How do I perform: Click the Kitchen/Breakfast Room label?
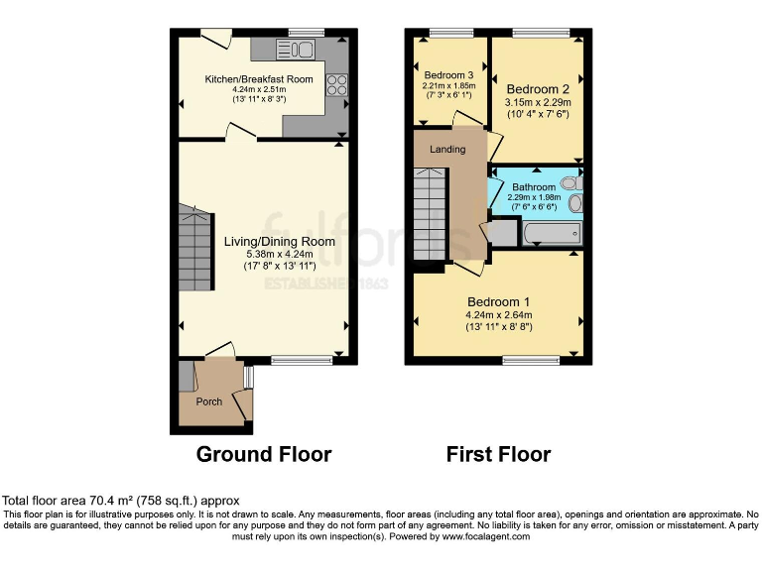pyautogui.click(x=258, y=79)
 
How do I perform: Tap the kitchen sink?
pyautogui.click(x=299, y=50)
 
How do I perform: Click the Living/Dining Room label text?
pyautogui.click(x=279, y=241)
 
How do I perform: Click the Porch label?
pyautogui.click(x=208, y=401)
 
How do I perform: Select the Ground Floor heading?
pyautogui.click(x=263, y=455)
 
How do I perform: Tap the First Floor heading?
pyautogui.click(x=498, y=455)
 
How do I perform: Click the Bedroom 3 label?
pyautogui.click(x=448, y=75)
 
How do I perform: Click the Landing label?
pyautogui.click(x=447, y=150)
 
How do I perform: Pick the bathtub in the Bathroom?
pyautogui.click(x=551, y=234)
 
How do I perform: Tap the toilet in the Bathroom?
pyautogui.click(x=571, y=183)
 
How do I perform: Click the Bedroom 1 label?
pyautogui.click(x=498, y=302)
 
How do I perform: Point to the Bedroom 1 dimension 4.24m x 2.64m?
pyautogui.click(x=498, y=316)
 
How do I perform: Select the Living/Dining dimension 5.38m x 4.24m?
pyautogui.click(x=279, y=254)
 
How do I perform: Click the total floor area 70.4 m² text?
pyautogui.click(x=121, y=501)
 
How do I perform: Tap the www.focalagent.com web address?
pyautogui.click(x=485, y=536)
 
